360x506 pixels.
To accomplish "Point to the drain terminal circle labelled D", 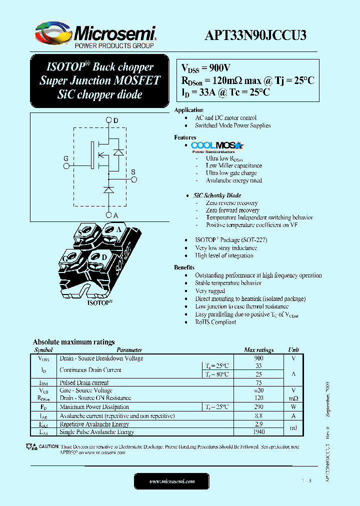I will pyautogui.click(x=109, y=120).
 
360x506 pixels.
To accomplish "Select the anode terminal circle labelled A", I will pyautogui.click(x=109, y=215).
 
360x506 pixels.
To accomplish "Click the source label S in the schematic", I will pyautogui.click(x=133, y=172).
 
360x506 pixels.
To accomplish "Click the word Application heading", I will pyautogui.click(x=188, y=110).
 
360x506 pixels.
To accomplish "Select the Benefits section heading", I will pyautogui.click(x=184, y=267).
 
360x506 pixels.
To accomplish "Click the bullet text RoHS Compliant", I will pyautogui.click(x=215, y=322).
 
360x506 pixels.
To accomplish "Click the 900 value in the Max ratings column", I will pyautogui.click(x=258, y=358).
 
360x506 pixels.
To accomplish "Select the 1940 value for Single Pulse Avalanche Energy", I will pyautogui.click(x=258, y=431).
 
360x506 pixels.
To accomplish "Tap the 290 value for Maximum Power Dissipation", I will pyautogui.click(x=258, y=407).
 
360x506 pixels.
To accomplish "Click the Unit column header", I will pyautogui.click(x=293, y=350).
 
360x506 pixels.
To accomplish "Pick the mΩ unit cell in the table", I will pyautogui.click(x=293, y=398).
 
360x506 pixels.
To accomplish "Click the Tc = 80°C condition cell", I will pyautogui.click(x=218, y=374).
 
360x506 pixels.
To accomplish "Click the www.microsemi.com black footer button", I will pyautogui.click(x=171, y=481).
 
